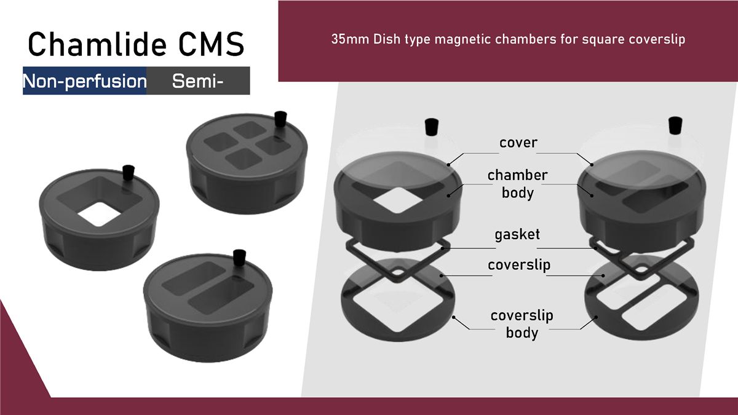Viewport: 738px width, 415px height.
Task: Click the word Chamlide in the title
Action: pyautogui.click(x=97, y=44)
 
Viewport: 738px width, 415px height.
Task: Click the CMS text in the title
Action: pyautogui.click(x=211, y=44)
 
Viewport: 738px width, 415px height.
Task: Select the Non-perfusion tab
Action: pyautogui.click(x=85, y=81)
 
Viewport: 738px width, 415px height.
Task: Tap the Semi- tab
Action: pyautogui.click(x=198, y=81)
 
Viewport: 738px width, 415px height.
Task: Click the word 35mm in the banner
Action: pyautogui.click(x=350, y=39)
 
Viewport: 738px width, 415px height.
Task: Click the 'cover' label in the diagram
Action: pyautogui.click(x=518, y=143)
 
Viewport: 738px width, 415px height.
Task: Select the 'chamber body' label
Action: pyautogui.click(x=518, y=184)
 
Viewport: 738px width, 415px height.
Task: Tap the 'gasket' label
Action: pyautogui.click(x=517, y=235)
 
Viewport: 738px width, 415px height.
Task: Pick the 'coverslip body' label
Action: pyautogui.click(x=522, y=324)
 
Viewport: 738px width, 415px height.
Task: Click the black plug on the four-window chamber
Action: pyautogui.click(x=280, y=119)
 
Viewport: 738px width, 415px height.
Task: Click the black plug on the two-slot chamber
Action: pyautogui.click(x=239, y=258)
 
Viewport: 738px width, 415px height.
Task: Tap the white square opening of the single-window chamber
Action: pyautogui.click(x=100, y=214)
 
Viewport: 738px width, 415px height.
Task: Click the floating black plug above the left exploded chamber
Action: pyautogui.click(x=432, y=127)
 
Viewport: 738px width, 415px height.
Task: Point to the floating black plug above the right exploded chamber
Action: pyautogui.click(x=675, y=125)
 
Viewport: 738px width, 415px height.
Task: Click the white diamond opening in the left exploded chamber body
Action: pyautogui.click(x=398, y=200)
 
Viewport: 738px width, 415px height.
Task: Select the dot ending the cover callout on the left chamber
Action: pyautogui.click(x=448, y=164)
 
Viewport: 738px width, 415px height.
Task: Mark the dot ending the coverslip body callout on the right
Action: pyautogui.click(x=596, y=317)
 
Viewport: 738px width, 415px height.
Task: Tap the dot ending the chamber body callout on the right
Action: pyautogui.click(x=592, y=196)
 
